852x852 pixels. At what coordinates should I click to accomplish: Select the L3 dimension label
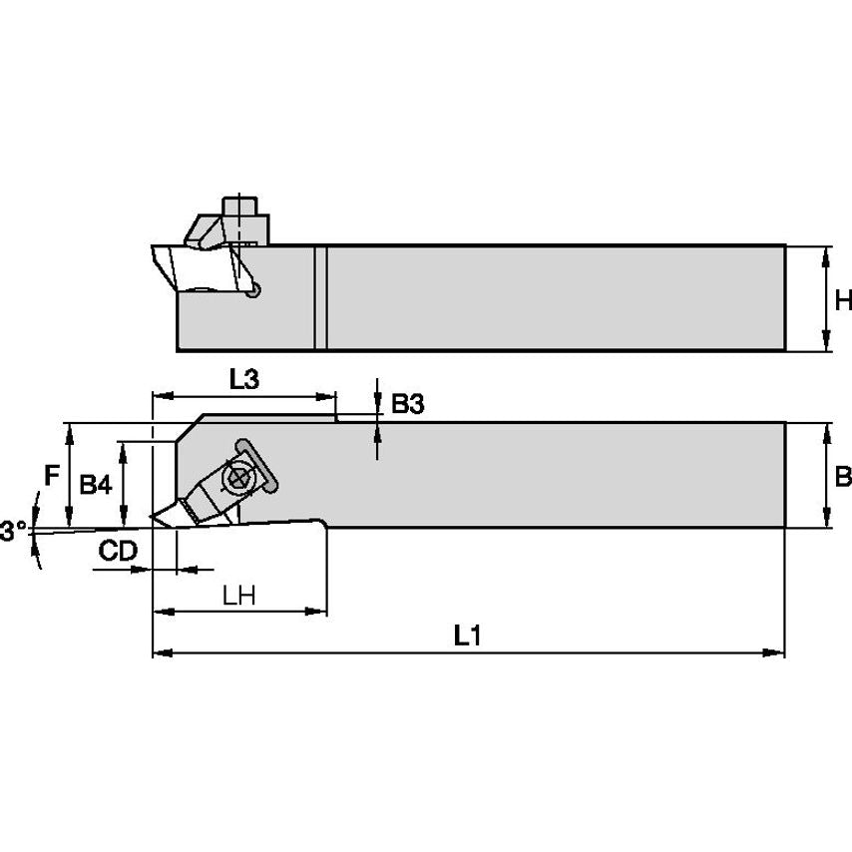click(243, 379)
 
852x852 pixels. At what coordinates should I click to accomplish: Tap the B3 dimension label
click(407, 404)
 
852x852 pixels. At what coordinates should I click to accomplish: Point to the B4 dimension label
click(96, 485)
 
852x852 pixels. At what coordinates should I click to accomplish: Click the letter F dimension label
click(51, 476)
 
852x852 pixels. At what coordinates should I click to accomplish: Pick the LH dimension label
click(239, 596)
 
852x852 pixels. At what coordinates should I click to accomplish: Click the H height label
click(843, 299)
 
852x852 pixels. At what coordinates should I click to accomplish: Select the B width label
click(843, 476)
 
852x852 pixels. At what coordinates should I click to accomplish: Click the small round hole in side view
click(255, 290)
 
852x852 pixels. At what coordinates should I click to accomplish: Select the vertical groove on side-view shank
click(320, 297)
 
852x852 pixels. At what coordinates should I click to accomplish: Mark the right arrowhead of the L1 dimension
click(778, 653)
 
